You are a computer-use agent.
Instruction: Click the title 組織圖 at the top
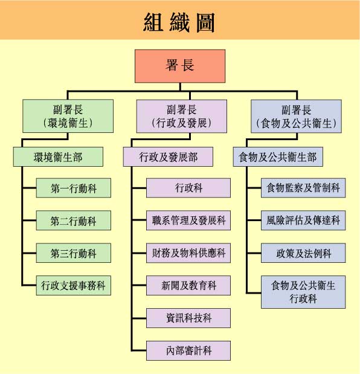pos(179,22)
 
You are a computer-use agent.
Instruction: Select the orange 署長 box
pos(180,66)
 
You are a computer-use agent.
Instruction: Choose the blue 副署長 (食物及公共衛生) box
pos(296,117)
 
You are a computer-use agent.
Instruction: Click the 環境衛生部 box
pos(57,157)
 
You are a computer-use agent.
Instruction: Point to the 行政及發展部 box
pos(168,157)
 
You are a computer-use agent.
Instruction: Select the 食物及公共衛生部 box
pos(278,157)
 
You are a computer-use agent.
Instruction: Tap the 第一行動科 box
pos(73,189)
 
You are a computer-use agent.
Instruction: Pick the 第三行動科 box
pos(73,253)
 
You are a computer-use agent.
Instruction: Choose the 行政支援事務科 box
pos(73,285)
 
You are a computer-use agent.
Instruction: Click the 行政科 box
pos(188,189)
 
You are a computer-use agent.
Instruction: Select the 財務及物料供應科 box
pos(188,253)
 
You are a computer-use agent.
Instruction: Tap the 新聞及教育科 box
pos(188,285)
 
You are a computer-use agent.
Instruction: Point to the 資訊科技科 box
pos(188,317)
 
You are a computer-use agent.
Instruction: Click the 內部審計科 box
pos(188,349)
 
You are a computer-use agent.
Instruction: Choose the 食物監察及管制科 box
pos(303,189)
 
